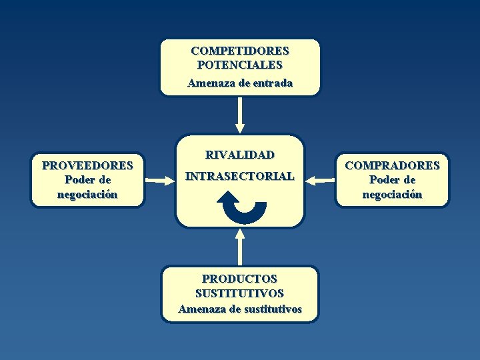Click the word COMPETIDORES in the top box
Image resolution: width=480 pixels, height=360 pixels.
pyautogui.click(x=240, y=51)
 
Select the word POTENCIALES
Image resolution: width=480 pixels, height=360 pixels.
pyautogui.click(x=240, y=65)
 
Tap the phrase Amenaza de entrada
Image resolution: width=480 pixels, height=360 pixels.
pyautogui.click(x=240, y=83)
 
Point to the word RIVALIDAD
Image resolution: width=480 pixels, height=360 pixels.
pyautogui.click(x=240, y=155)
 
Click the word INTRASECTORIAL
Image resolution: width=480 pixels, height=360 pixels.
pyautogui.click(x=240, y=177)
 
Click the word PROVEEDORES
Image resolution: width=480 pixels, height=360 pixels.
pyautogui.click(x=87, y=165)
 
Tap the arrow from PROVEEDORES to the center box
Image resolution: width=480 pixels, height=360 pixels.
pyautogui.click(x=159, y=179)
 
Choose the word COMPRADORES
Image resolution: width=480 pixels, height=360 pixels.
pyautogui.click(x=392, y=165)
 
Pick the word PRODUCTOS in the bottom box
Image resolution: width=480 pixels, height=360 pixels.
pyautogui.click(x=240, y=279)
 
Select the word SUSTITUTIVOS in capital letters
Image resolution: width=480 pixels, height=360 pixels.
pyautogui.click(x=240, y=293)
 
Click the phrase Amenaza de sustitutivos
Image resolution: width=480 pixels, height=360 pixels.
pyautogui.click(x=240, y=309)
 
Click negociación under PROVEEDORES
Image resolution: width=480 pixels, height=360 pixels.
pyautogui.click(x=87, y=195)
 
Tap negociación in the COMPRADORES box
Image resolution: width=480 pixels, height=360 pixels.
pyautogui.click(x=392, y=195)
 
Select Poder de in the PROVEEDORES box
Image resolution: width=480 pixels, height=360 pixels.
pyautogui.click(x=87, y=180)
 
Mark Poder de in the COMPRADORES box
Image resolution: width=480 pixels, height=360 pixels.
pyautogui.click(x=392, y=180)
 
